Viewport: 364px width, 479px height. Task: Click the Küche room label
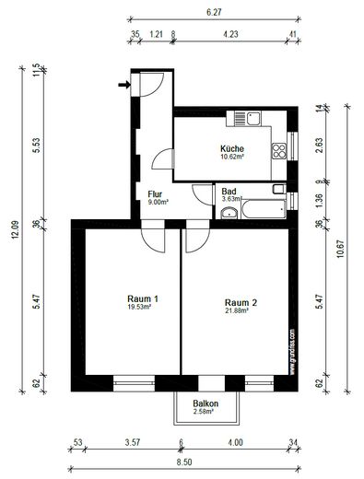(x=231, y=148)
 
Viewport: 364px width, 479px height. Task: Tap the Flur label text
(x=156, y=194)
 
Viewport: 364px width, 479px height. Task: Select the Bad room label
(x=229, y=191)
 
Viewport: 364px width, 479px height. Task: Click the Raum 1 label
(x=143, y=298)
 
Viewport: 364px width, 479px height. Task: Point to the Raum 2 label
(x=241, y=302)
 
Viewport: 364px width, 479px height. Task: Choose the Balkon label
(x=205, y=404)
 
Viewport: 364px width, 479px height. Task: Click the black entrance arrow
(x=123, y=86)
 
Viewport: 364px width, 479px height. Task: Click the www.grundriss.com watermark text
(x=292, y=350)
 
